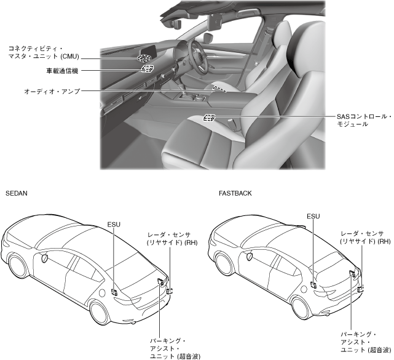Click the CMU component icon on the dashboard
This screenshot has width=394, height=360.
pyautogui.click(x=144, y=58)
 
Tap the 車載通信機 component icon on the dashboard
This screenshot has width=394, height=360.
pyautogui.click(x=147, y=69)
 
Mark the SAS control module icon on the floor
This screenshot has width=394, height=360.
pyautogui.click(x=209, y=118)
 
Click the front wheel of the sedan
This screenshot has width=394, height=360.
pyautogui.click(x=19, y=266)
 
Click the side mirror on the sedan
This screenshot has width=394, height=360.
pyautogui.click(x=45, y=258)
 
